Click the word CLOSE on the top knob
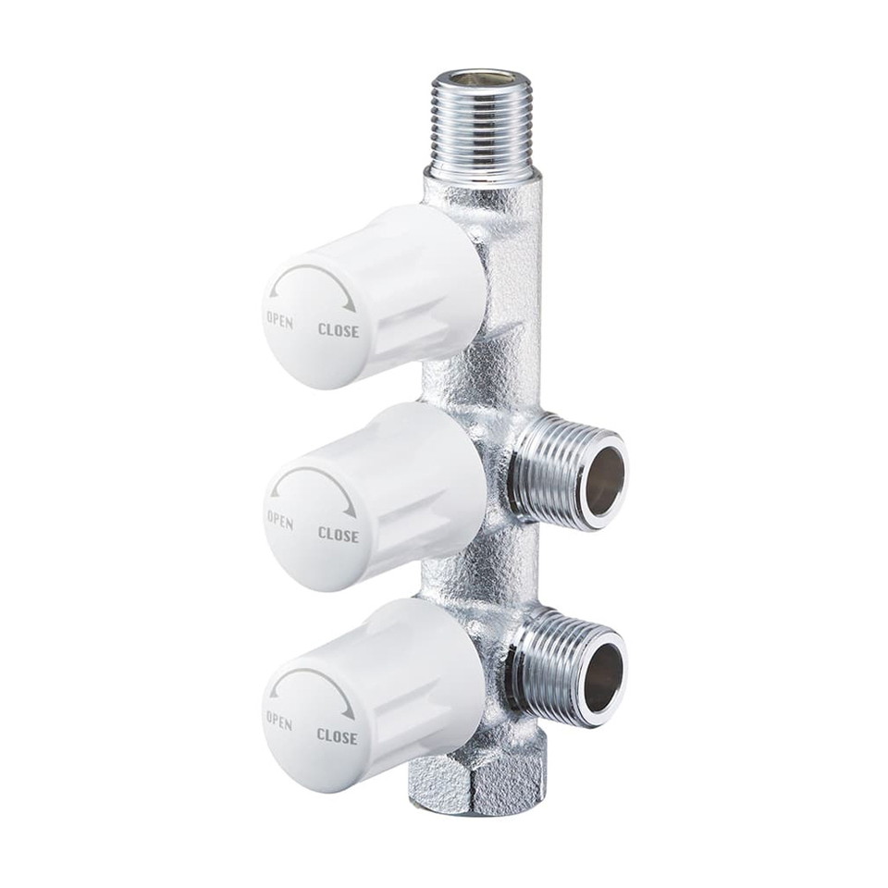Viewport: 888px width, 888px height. click(339, 329)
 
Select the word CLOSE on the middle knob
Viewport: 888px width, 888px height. click(339, 534)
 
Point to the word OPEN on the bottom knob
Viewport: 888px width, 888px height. click(279, 721)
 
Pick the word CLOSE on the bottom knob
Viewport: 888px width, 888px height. click(338, 736)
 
